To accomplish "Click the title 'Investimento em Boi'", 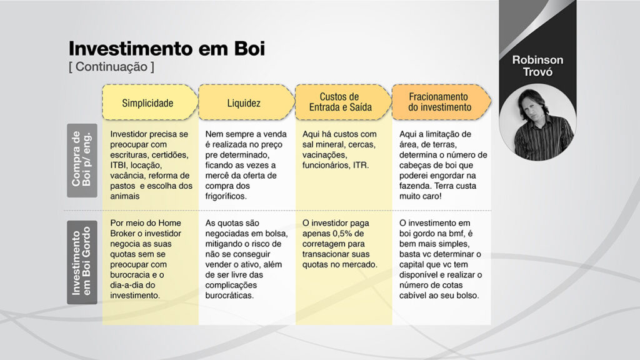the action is pyautogui.click(x=166, y=49).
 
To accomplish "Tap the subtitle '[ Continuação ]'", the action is pyautogui.click(x=111, y=66).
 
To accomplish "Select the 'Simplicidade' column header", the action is pyautogui.click(x=147, y=103).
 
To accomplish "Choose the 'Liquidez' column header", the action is pyautogui.click(x=244, y=103).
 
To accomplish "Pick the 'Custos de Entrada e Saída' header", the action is pyautogui.click(x=341, y=102).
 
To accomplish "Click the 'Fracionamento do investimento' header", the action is pyautogui.click(x=439, y=102).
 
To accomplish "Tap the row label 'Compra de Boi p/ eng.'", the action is pyautogui.click(x=82, y=161).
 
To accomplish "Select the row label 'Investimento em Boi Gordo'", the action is pyautogui.click(x=82, y=262).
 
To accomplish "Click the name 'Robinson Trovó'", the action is pyautogui.click(x=537, y=66).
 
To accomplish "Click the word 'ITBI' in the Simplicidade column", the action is pyautogui.click(x=118, y=165).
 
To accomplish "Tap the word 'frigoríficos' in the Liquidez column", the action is pyautogui.click(x=225, y=196).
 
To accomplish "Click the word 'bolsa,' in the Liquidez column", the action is pyautogui.click(x=276, y=234).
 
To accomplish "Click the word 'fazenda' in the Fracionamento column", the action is pyautogui.click(x=415, y=186).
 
